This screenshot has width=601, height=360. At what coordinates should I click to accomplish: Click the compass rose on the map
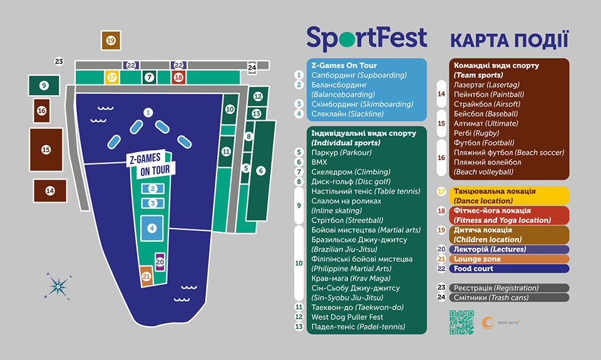click(x=58, y=285)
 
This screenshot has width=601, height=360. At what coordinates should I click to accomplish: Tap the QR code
click(x=461, y=322)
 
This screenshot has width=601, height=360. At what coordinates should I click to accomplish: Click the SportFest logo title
click(x=366, y=38)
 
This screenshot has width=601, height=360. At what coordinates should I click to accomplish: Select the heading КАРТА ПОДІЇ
click(x=509, y=39)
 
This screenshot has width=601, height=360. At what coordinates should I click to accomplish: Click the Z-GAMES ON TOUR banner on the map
click(x=152, y=164)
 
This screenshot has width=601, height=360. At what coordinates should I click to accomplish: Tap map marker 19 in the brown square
click(x=111, y=40)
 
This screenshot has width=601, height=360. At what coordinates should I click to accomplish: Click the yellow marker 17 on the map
click(x=112, y=77)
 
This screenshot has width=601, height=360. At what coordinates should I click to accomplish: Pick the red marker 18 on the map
click(x=178, y=77)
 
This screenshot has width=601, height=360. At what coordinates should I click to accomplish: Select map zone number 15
click(x=46, y=150)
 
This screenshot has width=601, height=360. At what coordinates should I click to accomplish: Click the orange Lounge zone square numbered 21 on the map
click(x=146, y=275)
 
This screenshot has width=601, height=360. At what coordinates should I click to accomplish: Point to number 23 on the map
click(x=59, y=61)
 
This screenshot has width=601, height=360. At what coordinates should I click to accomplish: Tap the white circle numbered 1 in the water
click(x=148, y=113)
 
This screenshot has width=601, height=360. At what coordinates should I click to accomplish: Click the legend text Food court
click(x=474, y=269)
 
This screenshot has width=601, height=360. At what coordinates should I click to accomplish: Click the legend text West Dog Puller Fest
click(x=347, y=317)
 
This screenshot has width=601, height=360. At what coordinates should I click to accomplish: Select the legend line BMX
click(x=319, y=162)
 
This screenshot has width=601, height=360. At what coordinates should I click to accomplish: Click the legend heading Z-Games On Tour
click(x=344, y=65)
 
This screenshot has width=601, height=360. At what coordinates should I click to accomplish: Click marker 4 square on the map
click(x=152, y=229)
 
